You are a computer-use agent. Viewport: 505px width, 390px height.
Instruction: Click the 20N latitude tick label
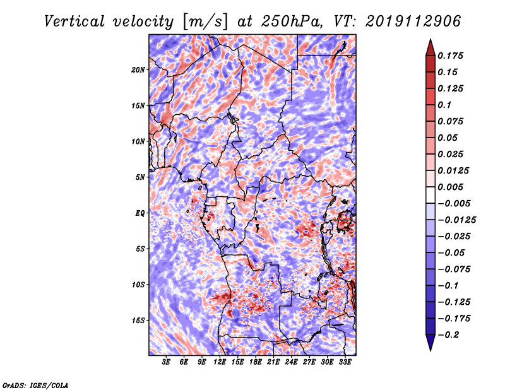tap(138, 69)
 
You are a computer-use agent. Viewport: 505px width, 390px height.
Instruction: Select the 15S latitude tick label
tap(138, 320)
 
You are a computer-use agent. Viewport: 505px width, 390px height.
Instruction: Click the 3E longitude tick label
tap(166, 363)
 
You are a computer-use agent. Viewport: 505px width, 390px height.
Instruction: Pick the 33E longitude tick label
tap(345, 363)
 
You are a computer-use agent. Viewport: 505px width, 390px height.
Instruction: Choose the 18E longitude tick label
tap(255, 363)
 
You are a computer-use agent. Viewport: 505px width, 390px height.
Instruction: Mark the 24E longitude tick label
tap(291, 363)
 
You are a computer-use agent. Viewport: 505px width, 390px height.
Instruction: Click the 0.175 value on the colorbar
tap(453, 56)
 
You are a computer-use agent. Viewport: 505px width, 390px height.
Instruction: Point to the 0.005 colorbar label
tap(453, 187)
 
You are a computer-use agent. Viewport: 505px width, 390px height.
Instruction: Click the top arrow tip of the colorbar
tap(429, 40)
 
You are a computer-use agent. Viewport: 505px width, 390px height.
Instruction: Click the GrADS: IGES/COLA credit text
tap(35, 384)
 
